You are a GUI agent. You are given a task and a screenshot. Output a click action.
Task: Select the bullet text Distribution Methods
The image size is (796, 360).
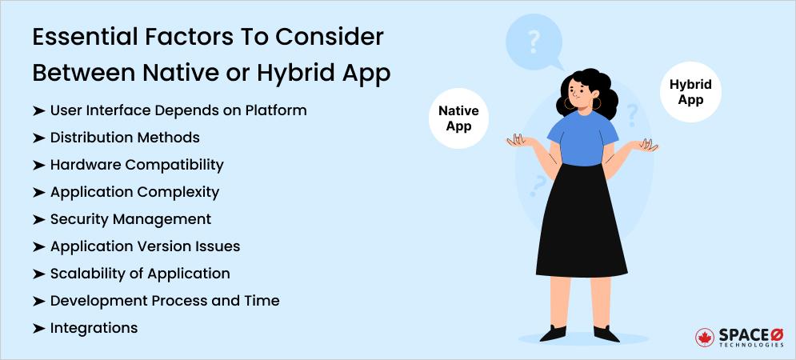(125, 137)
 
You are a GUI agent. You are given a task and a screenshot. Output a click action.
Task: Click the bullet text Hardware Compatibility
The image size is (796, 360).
(137, 164)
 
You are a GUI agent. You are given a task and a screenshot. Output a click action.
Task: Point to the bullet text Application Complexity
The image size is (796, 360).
(134, 191)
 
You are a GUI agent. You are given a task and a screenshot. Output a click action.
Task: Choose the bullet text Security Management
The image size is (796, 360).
(130, 218)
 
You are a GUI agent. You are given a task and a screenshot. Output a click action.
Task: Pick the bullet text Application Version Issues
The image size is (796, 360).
(145, 246)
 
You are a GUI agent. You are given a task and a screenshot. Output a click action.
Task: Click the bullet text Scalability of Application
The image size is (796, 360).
(140, 273)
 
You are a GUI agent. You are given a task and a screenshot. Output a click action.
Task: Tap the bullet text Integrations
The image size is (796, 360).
(94, 327)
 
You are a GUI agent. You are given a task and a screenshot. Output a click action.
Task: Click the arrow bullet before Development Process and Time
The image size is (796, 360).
(38, 301)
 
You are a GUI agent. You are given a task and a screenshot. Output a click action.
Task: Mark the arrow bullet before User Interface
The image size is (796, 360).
(38, 110)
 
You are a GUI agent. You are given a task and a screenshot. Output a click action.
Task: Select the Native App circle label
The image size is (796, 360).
(459, 118)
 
